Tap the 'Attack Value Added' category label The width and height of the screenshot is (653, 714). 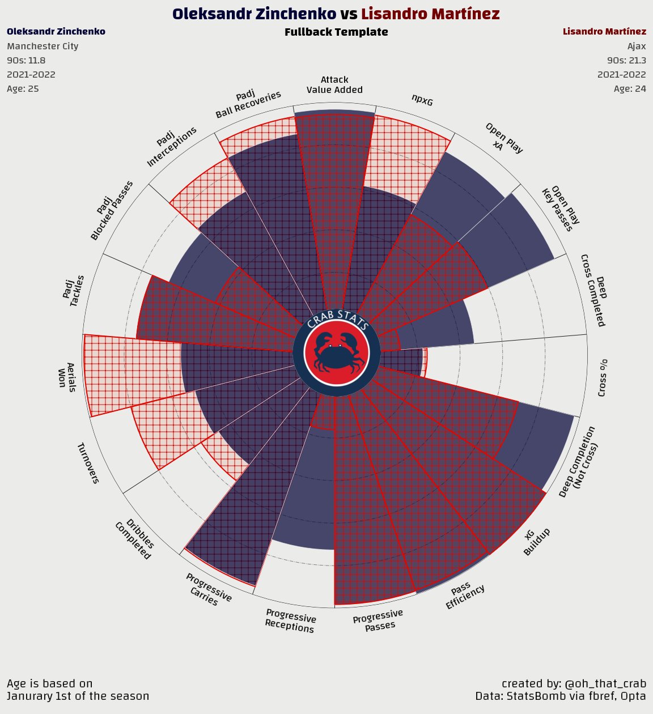pos(334,84)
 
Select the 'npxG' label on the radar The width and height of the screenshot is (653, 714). pos(422,100)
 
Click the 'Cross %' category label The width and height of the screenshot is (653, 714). pos(603,377)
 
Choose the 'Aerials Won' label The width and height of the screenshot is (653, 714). pos(67,375)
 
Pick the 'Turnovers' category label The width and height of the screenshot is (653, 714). pos(88,463)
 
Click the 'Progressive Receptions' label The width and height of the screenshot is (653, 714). pos(290,620)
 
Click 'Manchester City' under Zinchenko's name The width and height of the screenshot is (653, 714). pos(43,46)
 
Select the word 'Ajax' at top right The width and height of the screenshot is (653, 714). pos(636,46)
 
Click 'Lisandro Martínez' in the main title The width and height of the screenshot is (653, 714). pos(430,14)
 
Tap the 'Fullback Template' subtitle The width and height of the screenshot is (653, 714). pos(336,32)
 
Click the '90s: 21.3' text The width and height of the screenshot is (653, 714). pos(626,60)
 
